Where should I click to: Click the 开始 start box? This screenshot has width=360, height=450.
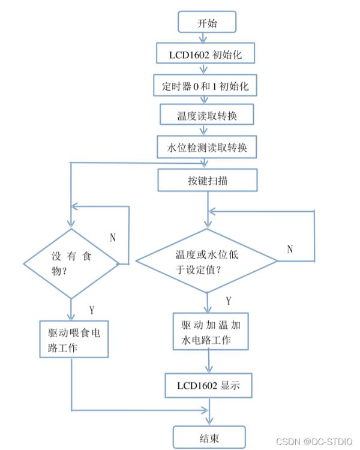[x=206, y=23]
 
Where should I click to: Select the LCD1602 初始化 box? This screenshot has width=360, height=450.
[x=207, y=54]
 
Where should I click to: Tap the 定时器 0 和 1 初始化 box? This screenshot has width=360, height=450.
[x=207, y=85]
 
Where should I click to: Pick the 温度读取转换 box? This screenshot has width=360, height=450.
[x=207, y=116]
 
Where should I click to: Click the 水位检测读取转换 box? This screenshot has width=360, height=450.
[x=207, y=146]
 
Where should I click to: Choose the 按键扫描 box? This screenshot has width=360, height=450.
[x=207, y=178]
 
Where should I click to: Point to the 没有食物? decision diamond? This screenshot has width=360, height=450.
[x=71, y=263]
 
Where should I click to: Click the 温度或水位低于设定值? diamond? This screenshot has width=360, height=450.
[x=207, y=260]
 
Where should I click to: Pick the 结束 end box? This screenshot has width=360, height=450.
[x=209, y=437]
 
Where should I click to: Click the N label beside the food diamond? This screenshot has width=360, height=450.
[x=112, y=236]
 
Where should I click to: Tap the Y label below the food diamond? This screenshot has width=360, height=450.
[x=91, y=310]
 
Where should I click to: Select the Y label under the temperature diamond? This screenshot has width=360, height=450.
[x=229, y=299]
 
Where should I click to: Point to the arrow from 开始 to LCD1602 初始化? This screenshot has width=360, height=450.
[x=207, y=38]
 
